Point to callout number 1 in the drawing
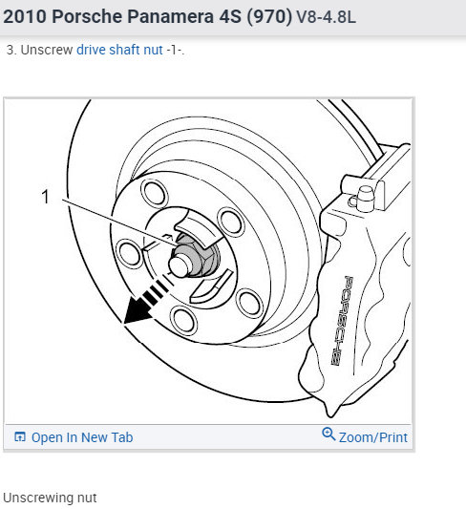pos(44,197)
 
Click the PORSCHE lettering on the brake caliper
pos(346,320)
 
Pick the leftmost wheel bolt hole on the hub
pos(124,252)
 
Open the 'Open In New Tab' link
pos(82,437)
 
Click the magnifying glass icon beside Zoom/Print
pos(328,435)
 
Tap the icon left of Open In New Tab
pos(19,437)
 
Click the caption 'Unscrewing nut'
pos(50,498)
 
